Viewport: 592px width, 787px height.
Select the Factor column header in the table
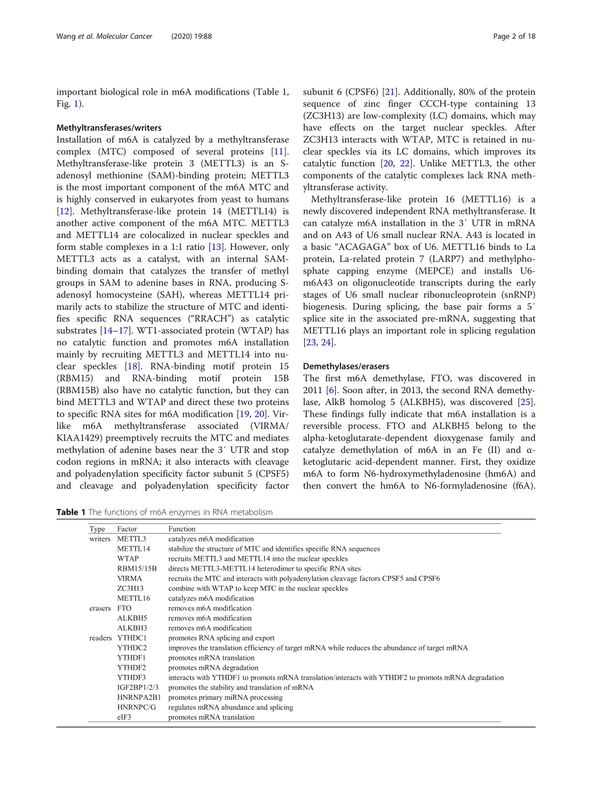(127, 529)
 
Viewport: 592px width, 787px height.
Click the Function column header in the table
(182, 529)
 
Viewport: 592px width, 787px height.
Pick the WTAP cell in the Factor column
(128, 559)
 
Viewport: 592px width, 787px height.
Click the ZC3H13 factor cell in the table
(130, 588)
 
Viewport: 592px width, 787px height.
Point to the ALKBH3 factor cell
(132, 628)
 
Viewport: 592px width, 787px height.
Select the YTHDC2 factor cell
(132, 648)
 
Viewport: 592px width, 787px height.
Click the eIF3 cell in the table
(124, 717)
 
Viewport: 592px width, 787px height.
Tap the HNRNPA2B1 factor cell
(138, 697)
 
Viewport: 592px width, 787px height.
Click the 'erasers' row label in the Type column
(100, 608)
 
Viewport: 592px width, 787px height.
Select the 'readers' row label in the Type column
(100, 638)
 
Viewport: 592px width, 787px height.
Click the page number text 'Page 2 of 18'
(514, 36)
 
